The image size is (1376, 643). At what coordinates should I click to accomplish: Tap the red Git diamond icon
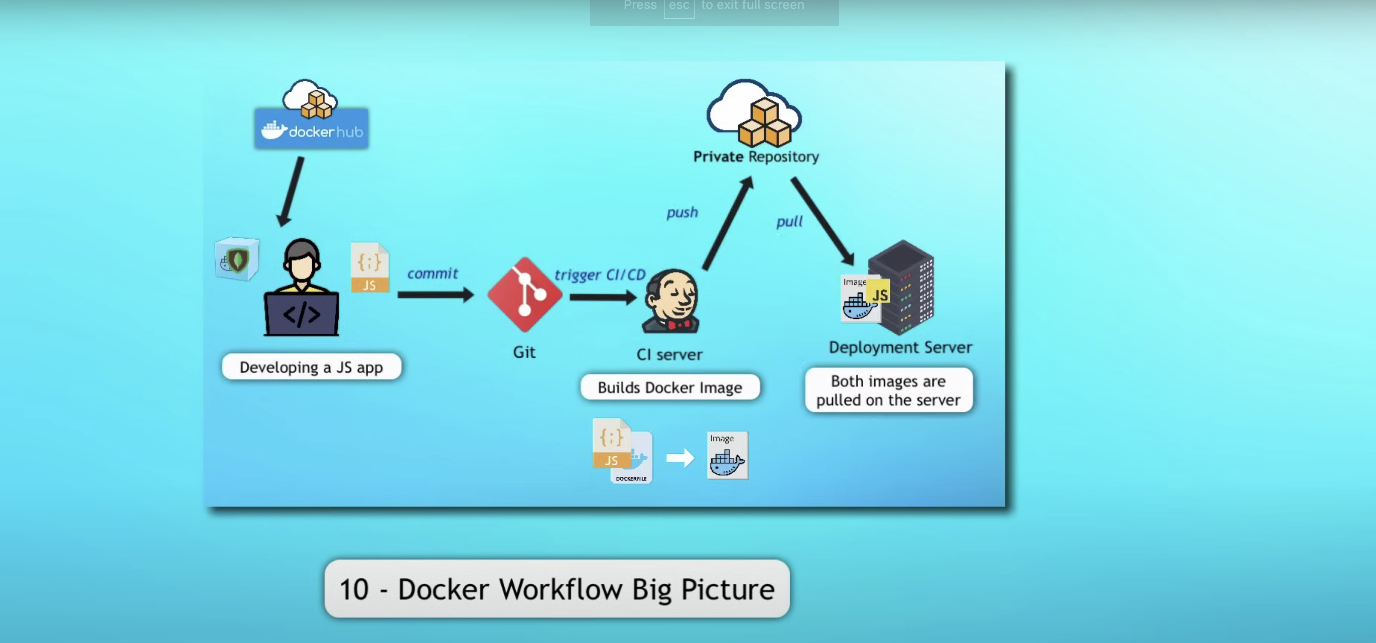point(525,294)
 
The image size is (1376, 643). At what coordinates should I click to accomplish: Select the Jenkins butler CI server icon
point(671,301)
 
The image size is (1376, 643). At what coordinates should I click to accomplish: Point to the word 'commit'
point(432,273)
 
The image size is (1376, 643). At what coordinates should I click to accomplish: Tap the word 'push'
point(682,213)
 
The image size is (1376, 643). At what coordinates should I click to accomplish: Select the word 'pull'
point(789,222)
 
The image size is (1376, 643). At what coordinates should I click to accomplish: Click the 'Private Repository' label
point(756,156)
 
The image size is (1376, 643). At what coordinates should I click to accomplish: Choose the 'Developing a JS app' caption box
point(311,367)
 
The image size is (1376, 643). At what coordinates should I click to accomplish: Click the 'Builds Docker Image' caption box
point(670,387)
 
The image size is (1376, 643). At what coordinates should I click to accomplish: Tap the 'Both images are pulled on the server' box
point(888,390)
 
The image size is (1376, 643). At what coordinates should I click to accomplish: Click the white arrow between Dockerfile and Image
point(680,458)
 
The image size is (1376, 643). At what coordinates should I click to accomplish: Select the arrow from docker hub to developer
point(291,191)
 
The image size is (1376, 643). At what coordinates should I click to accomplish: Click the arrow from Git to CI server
point(603,297)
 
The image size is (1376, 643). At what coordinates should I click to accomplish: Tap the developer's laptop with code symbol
point(301,314)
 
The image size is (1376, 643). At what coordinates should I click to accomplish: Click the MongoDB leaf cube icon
point(237,259)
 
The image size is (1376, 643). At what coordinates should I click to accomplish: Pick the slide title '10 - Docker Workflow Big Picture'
point(557,589)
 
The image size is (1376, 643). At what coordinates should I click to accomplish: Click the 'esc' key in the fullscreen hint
point(679,6)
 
